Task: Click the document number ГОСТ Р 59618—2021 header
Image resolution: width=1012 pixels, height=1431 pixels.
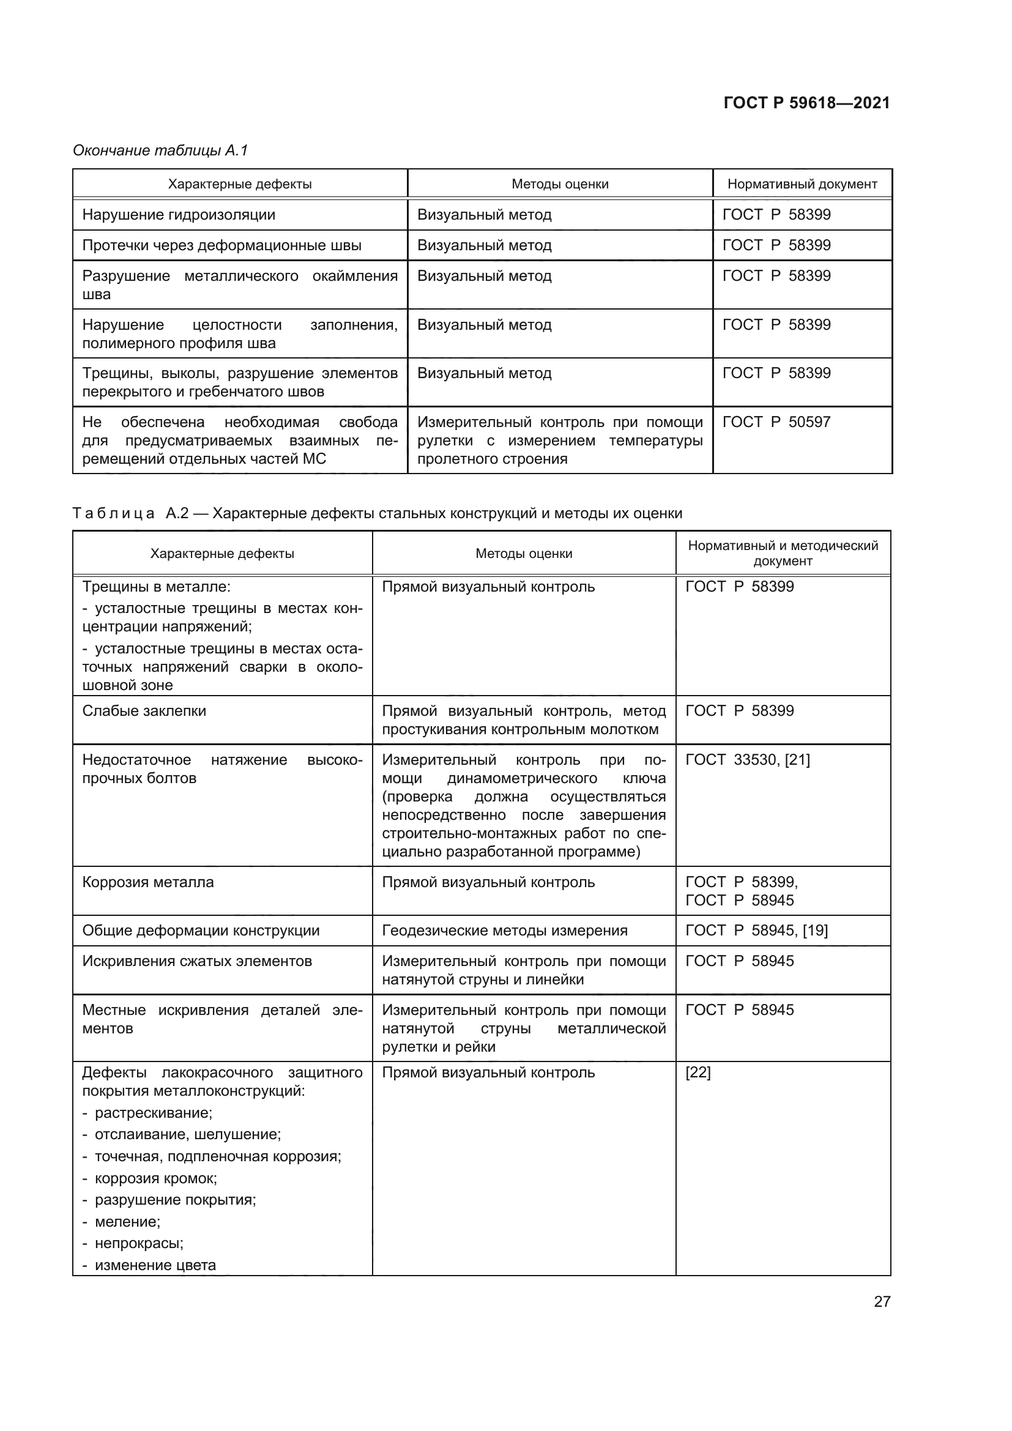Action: pos(806,103)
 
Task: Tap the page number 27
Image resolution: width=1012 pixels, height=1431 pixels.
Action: pos(882,1301)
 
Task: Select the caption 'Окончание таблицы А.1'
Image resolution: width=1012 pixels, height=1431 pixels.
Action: pos(160,151)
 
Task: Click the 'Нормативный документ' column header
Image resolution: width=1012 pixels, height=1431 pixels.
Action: pos(802,184)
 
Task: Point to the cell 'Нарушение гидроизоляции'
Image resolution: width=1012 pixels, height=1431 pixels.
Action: pos(178,214)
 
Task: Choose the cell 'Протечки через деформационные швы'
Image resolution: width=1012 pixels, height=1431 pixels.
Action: pos(221,245)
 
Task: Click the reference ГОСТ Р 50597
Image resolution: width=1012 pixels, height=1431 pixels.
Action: pos(776,422)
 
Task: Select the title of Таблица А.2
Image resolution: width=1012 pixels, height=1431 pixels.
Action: pos(377,513)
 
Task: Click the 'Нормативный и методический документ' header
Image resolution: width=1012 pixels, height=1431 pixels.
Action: pos(783,553)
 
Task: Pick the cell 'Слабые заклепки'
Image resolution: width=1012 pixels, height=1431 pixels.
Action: pos(144,711)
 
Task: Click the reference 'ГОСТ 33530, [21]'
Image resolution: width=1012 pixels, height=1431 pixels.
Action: pos(747,760)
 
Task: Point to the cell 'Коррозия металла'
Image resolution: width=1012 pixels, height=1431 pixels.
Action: pos(147,882)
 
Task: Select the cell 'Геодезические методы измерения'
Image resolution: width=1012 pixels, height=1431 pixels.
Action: pos(504,931)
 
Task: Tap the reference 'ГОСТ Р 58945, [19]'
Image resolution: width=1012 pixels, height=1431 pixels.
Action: pos(756,931)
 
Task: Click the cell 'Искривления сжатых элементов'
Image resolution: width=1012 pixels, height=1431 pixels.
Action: pos(197,961)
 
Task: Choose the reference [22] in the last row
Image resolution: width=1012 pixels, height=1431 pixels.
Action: pos(698,1072)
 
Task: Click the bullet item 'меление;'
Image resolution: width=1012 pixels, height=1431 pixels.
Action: pos(127,1222)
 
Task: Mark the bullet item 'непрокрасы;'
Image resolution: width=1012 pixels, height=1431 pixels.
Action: pos(138,1243)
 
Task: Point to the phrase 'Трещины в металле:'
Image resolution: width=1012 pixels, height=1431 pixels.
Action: pos(156,587)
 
